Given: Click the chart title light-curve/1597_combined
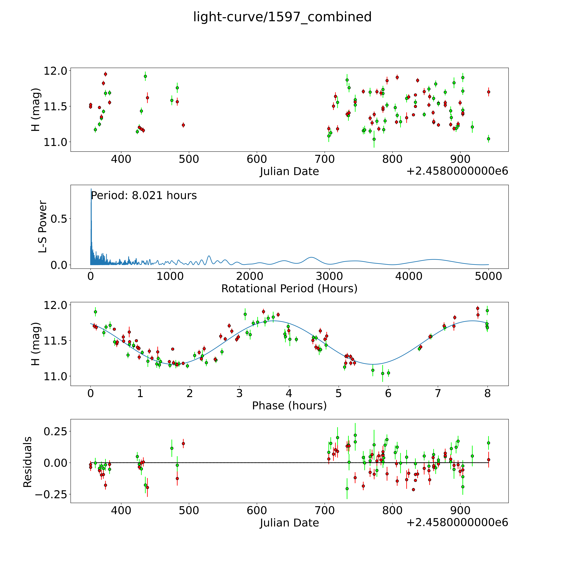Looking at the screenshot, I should click(x=282, y=17).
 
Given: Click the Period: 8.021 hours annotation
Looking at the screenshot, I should click(x=144, y=195).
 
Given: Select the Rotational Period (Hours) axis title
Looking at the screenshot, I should click(x=289, y=289).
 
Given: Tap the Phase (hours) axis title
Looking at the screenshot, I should click(x=289, y=406).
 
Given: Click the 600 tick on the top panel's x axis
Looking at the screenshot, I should click(x=257, y=159).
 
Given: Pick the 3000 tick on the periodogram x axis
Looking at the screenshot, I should click(x=329, y=276).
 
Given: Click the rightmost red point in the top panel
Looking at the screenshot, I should click(x=488, y=92).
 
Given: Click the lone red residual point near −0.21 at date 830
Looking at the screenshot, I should click(x=413, y=490).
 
